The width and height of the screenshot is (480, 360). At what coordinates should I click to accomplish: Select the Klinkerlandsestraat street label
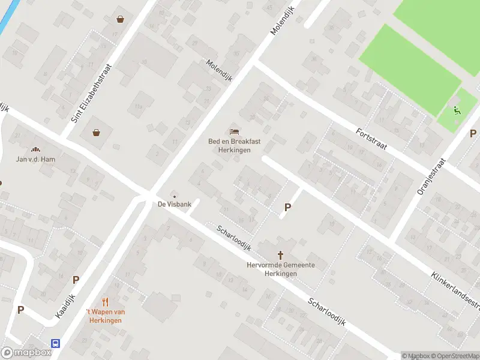coord(455,293)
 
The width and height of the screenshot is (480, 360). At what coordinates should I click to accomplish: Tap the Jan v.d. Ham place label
coord(35,159)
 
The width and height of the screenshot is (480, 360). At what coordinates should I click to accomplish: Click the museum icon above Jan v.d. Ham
coord(35,149)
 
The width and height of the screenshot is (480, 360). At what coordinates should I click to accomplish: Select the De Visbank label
coord(175,205)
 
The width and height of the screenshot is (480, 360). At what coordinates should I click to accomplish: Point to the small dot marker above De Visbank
coord(175,196)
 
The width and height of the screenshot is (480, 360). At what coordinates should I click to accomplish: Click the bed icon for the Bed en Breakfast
coord(234,131)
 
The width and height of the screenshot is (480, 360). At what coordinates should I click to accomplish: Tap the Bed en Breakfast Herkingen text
coord(234,145)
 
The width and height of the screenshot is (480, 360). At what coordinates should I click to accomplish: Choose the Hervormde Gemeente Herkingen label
coord(281,269)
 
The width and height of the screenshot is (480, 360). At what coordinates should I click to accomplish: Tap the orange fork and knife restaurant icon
coord(106,302)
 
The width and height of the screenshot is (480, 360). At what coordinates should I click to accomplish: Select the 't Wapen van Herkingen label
coord(105,316)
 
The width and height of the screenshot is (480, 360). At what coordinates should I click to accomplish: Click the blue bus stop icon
coord(55,344)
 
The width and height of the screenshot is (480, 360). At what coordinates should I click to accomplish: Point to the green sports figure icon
coord(457,110)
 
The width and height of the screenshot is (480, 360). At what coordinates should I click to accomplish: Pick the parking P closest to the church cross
coord(287,208)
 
